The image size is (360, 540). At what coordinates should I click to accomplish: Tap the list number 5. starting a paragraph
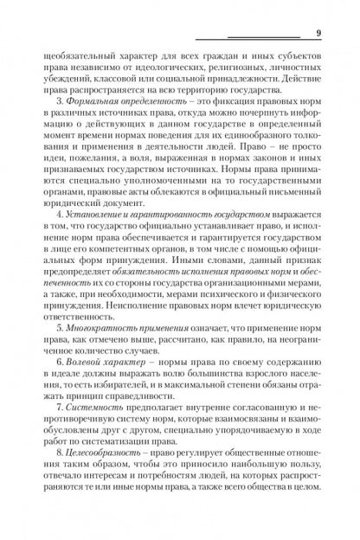point(57,352)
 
